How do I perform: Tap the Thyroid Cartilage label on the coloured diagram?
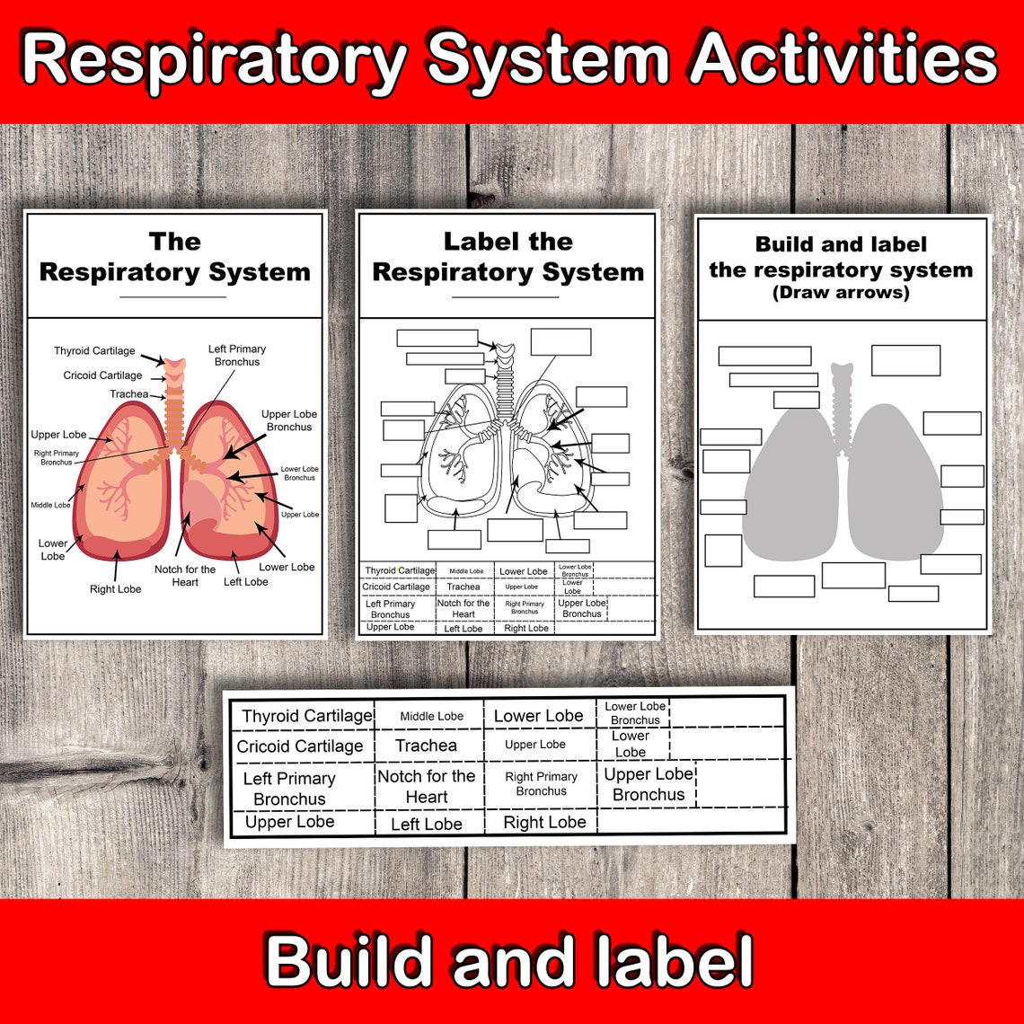[94, 351]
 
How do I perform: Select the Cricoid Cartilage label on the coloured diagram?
[102, 375]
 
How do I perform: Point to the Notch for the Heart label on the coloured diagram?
[185, 576]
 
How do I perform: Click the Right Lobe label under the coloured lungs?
[115, 589]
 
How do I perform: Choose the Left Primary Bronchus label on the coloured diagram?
[237, 355]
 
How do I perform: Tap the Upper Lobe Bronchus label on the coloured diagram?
[288, 420]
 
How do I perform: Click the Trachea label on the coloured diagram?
[129, 394]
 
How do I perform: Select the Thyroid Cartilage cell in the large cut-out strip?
[306, 716]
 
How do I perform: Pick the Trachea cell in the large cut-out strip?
[426, 746]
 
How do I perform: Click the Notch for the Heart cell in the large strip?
[426, 786]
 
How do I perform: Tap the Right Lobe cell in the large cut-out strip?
[544, 823]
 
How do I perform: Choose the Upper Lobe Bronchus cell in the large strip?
[649, 784]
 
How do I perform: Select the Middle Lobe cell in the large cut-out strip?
[432, 716]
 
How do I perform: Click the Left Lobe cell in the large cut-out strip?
[427, 824]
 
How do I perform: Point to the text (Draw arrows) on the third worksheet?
[841, 294]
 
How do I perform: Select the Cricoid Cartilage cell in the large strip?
[300, 746]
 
